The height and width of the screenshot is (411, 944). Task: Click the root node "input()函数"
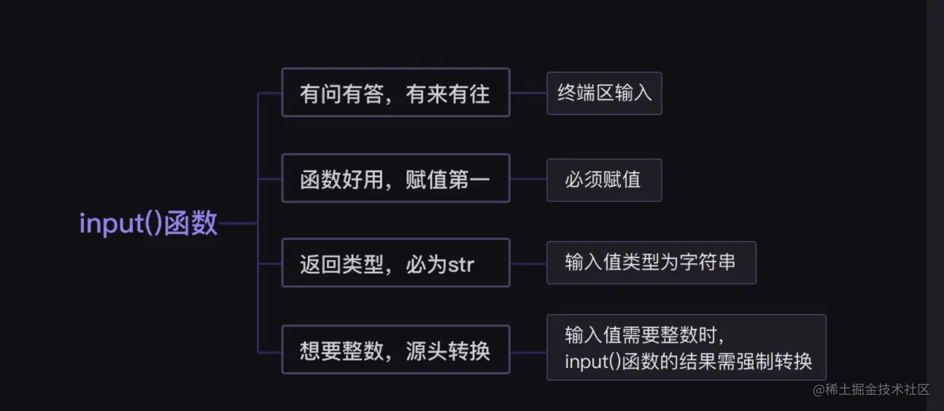148,224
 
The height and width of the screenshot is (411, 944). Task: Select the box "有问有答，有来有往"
395,93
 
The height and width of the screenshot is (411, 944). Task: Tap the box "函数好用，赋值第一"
395,179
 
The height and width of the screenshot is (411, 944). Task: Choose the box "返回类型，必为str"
395,263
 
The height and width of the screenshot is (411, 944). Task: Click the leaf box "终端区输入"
604,93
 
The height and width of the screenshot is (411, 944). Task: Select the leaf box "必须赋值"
604,180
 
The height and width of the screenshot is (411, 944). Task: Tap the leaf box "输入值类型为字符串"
651,262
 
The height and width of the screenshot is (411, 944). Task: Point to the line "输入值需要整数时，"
644,334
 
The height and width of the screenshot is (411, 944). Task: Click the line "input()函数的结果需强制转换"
688,361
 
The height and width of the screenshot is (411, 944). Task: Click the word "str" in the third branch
460,264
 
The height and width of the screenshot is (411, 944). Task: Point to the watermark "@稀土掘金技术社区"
872,389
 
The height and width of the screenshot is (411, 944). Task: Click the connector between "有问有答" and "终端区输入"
528,93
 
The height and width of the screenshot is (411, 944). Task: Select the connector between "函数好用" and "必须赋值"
528,179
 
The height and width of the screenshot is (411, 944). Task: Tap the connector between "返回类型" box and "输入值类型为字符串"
528,262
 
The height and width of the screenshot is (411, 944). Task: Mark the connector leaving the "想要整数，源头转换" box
528,351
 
